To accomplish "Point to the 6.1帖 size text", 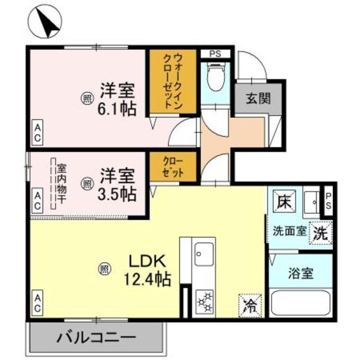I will pos(117,108).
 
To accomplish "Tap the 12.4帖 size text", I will pos(148,277).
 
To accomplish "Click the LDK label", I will pos(147,261).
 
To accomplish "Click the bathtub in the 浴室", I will pos(301,304).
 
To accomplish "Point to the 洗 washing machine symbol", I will pos(319,232).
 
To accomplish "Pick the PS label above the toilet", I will pos(214,54).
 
